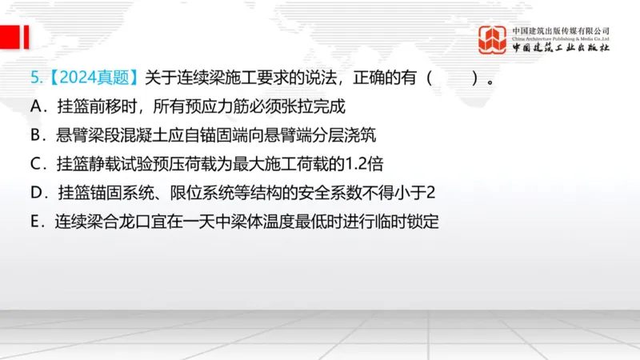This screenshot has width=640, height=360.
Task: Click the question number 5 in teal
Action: (x=34, y=78)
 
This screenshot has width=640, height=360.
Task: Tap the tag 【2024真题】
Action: (x=92, y=78)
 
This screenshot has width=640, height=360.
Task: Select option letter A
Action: (x=35, y=107)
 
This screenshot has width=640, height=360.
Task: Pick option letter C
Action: (x=35, y=164)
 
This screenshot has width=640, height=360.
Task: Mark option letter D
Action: (x=35, y=193)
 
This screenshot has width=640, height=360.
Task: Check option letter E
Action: (x=35, y=222)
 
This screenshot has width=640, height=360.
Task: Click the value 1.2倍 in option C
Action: (x=363, y=164)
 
